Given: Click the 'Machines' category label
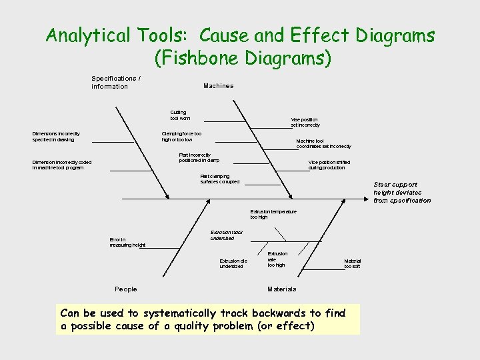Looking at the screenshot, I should pos(218,85).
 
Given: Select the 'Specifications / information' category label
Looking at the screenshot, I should pos(115,82).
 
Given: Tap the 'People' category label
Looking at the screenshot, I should pos(125,289).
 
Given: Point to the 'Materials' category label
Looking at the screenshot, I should pos(281,289).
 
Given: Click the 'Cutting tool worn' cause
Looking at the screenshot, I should pos(179,115).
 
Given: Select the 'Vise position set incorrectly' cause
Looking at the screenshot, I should pos(305,122).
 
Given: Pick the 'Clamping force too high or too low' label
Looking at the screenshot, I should pos(181,136).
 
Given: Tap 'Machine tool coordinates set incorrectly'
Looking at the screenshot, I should pos(323,143).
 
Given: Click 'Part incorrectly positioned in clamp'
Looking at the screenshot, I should pos(199,157).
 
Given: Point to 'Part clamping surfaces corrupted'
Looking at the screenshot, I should pos(219,179).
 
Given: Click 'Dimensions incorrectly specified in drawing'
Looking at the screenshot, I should pos(56,136).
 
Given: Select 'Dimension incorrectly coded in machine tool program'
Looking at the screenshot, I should pos(62,165).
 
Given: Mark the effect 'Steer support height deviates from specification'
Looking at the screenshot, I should pos(401,192).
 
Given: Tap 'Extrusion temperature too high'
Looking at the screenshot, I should pos(273,214).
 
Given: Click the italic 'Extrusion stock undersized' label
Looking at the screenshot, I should pos(226,235).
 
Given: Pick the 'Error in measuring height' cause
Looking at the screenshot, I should pos(127,242).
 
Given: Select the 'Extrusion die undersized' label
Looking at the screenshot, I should pos(231,263).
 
